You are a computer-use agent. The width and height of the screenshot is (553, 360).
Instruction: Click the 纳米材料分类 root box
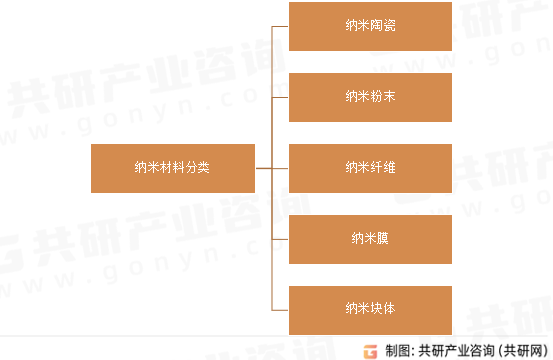(x=172, y=168)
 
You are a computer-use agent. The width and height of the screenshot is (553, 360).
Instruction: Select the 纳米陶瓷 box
(x=370, y=26)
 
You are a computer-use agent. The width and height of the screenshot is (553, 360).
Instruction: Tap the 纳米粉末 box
(x=370, y=97)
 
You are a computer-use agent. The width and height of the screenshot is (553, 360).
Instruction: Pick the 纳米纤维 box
(x=370, y=168)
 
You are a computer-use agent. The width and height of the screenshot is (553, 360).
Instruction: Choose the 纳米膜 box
(x=370, y=238)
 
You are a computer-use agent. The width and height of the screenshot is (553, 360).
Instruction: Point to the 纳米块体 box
(x=370, y=309)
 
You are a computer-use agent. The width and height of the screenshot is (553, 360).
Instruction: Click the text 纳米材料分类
(x=172, y=168)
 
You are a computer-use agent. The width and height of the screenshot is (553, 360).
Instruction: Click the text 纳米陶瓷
(x=370, y=26)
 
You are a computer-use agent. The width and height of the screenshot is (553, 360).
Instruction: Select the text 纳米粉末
(x=370, y=97)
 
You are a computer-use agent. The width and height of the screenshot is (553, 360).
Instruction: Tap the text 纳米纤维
(x=370, y=168)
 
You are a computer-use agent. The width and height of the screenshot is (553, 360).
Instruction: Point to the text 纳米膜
(x=370, y=238)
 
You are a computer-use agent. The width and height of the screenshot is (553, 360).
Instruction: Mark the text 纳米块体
(x=370, y=309)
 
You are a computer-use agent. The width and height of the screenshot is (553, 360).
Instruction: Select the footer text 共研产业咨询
(x=452, y=350)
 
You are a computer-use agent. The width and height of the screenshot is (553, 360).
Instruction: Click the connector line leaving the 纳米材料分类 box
(x=263, y=168)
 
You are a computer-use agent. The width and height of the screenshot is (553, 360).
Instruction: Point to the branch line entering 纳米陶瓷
(x=280, y=26)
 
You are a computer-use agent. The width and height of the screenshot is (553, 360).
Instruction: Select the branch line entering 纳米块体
(x=280, y=309)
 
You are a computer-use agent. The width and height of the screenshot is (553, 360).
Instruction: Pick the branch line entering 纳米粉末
(x=280, y=97)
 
